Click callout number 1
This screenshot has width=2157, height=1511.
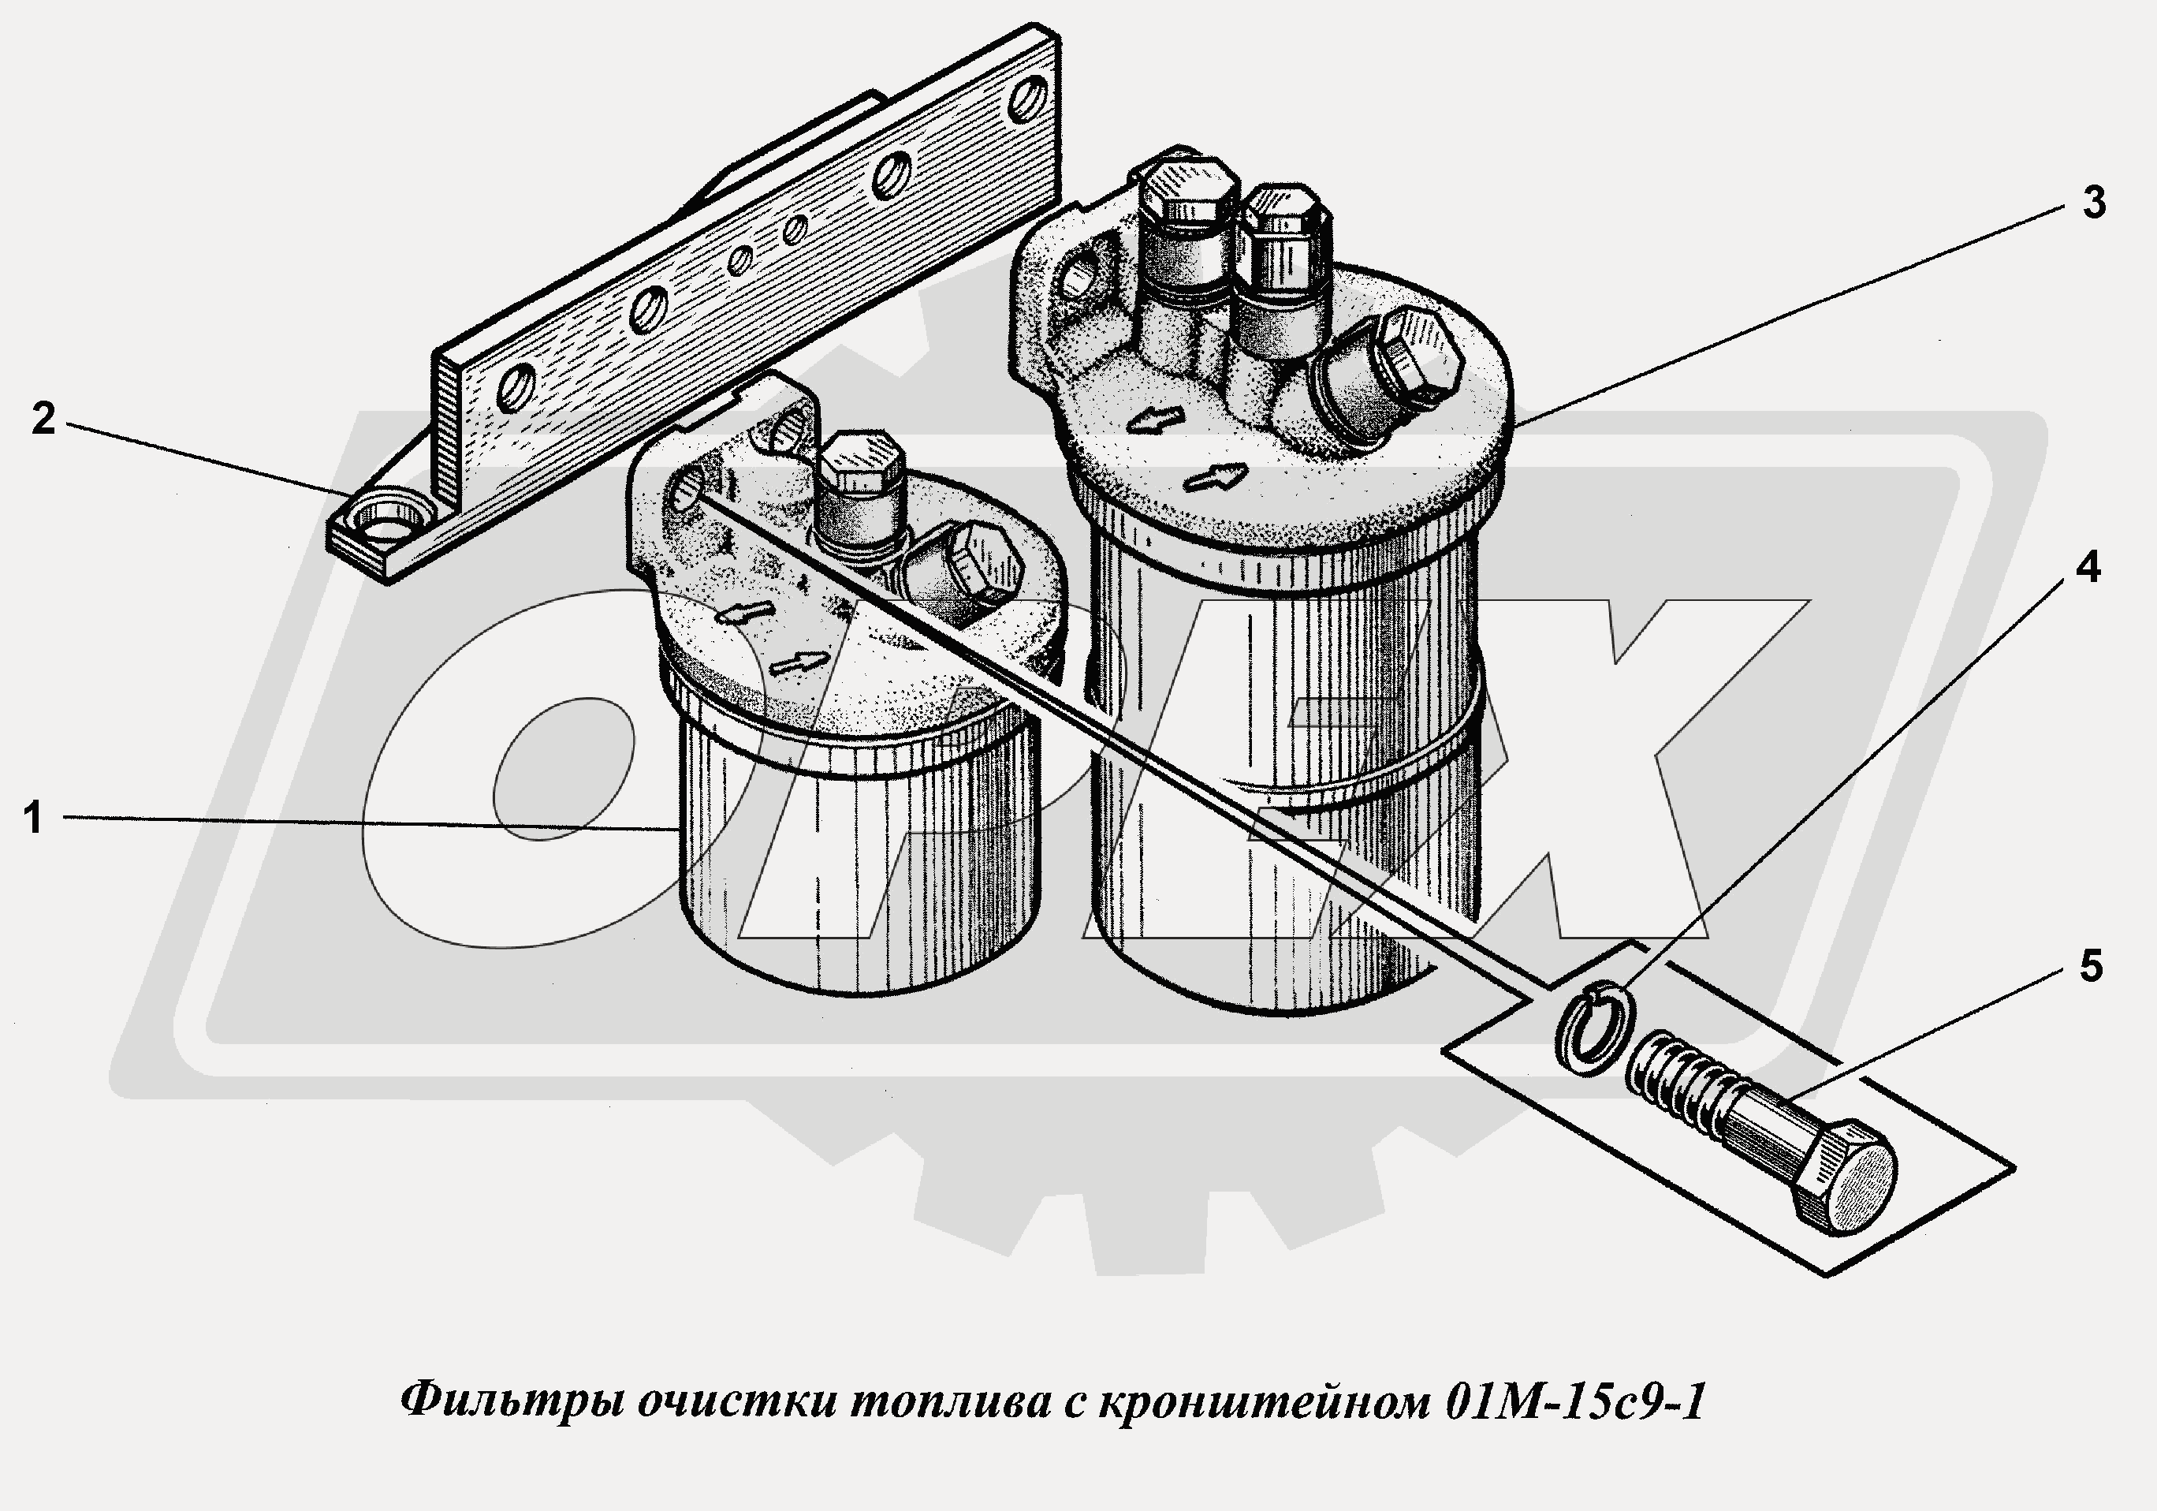point(34,819)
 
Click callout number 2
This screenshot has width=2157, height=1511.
point(43,419)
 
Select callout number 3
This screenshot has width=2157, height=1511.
point(2093,203)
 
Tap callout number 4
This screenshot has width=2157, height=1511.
point(2087,568)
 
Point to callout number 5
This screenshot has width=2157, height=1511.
point(2089,967)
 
